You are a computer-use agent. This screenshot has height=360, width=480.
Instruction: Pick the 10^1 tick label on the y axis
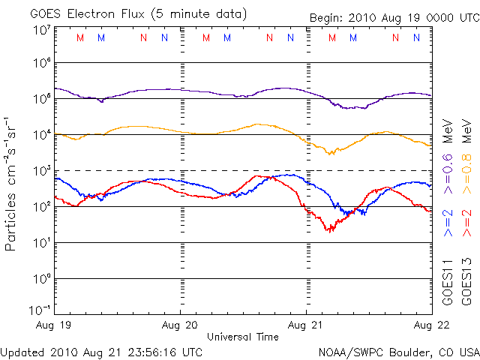(40, 243)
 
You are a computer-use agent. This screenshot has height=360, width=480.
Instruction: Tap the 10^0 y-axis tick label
(40, 279)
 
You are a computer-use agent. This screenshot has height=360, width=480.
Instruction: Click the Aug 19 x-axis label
(56, 324)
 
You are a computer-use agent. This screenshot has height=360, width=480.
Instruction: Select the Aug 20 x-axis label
(181, 324)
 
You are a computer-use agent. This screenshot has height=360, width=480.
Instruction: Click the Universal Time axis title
(243, 337)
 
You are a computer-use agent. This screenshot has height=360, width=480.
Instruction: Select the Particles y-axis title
(12, 183)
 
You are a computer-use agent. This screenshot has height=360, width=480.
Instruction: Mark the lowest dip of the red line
(328, 230)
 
